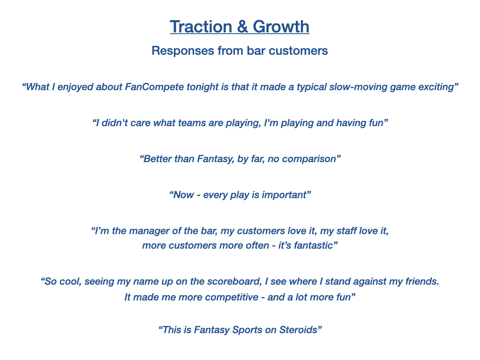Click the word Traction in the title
click(x=201, y=27)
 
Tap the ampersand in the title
click(x=242, y=27)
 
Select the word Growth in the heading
click(x=281, y=27)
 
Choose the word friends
click(x=422, y=282)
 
